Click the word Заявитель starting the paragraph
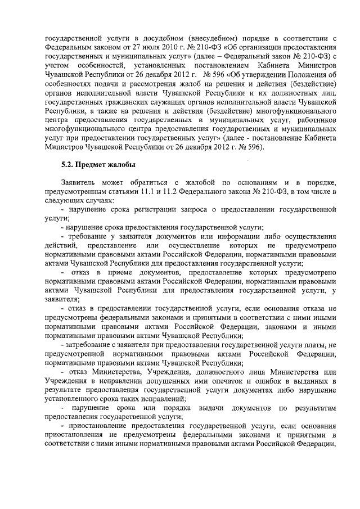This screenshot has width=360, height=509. click(x=80, y=183)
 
